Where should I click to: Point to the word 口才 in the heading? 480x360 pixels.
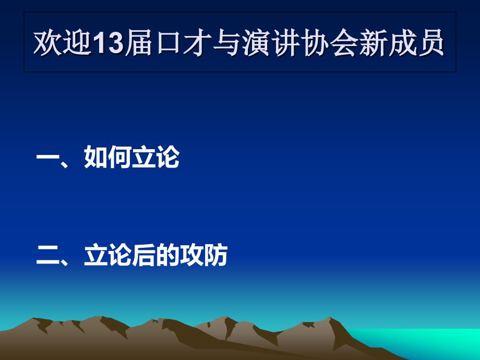(x=183, y=43)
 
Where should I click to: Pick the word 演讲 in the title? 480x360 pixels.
(x=271, y=43)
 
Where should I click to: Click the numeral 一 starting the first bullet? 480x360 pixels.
(x=48, y=158)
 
